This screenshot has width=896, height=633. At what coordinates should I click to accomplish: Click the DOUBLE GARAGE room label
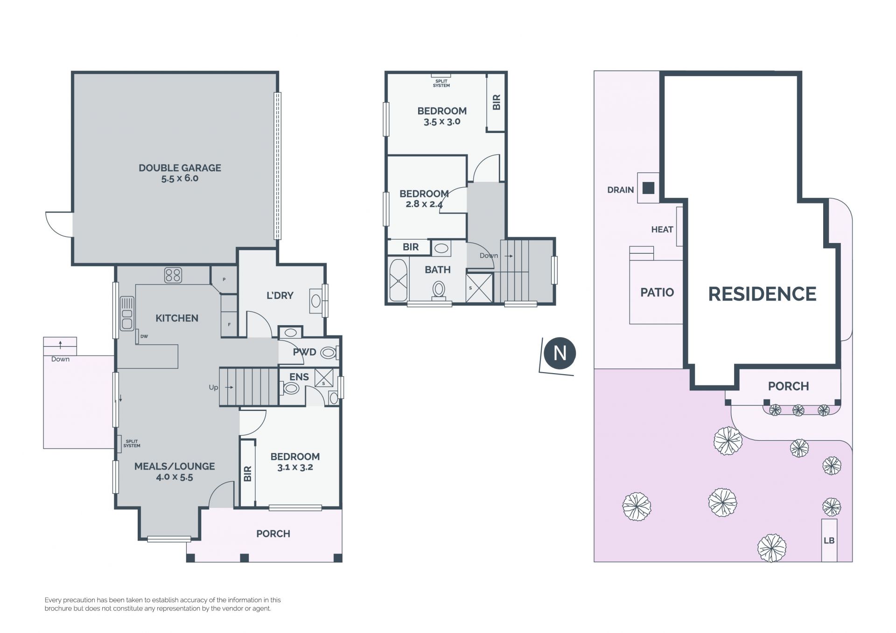[180, 168]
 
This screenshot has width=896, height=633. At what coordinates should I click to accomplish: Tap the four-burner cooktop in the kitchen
[173, 275]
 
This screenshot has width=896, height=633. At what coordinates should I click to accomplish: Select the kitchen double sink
[127, 313]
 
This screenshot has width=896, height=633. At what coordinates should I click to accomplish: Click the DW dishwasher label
[144, 336]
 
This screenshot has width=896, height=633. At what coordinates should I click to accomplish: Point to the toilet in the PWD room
[329, 353]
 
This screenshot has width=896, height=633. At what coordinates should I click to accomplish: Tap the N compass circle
[560, 353]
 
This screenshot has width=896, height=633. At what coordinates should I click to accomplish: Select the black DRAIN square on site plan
[648, 188]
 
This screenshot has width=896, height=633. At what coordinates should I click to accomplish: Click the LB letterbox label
[829, 541]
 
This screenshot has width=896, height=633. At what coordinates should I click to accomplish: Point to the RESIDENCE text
[762, 294]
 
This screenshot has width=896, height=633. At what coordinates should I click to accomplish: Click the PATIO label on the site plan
[657, 292]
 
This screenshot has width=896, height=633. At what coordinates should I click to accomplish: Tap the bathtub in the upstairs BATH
[398, 280]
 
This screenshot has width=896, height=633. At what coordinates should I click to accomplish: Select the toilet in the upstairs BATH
[438, 289]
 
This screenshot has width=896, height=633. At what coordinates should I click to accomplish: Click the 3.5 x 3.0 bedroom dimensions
[442, 122]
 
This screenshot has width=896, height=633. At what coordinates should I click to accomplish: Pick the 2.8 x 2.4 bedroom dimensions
[424, 204]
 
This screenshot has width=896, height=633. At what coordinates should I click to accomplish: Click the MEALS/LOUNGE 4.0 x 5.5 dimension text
[175, 477]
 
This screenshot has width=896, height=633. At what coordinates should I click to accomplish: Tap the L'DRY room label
[280, 295]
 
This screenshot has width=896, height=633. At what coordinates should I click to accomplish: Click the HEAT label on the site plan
[662, 230]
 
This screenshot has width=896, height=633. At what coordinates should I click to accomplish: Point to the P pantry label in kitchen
[224, 279]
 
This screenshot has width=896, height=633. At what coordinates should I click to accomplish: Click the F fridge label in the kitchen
[229, 325]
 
